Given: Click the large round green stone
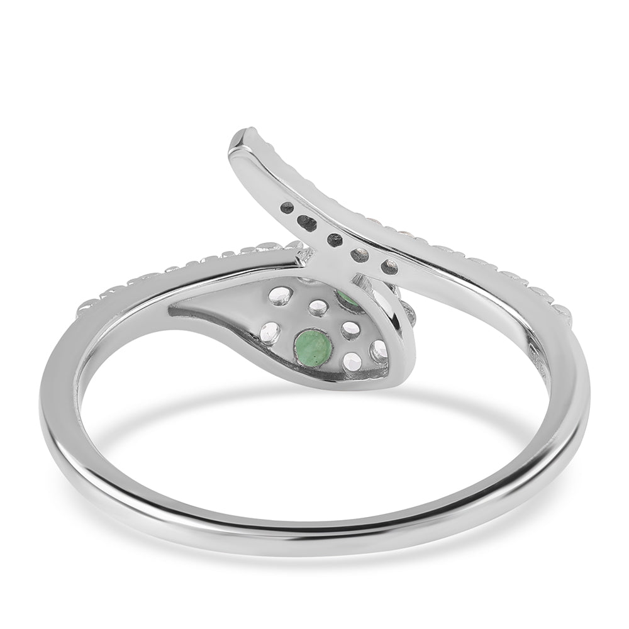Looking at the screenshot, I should pyautogui.click(x=313, y=348).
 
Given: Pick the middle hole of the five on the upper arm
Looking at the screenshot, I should pyautogui.click(x=335, y=240).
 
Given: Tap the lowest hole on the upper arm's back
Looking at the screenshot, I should pyautogui.click(x=389, y=266).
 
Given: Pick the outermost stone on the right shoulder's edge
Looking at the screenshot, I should pyautogui.click(x=560, y=312).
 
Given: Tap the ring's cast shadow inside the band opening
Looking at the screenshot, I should pyautogui.click(x=314, y=403).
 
